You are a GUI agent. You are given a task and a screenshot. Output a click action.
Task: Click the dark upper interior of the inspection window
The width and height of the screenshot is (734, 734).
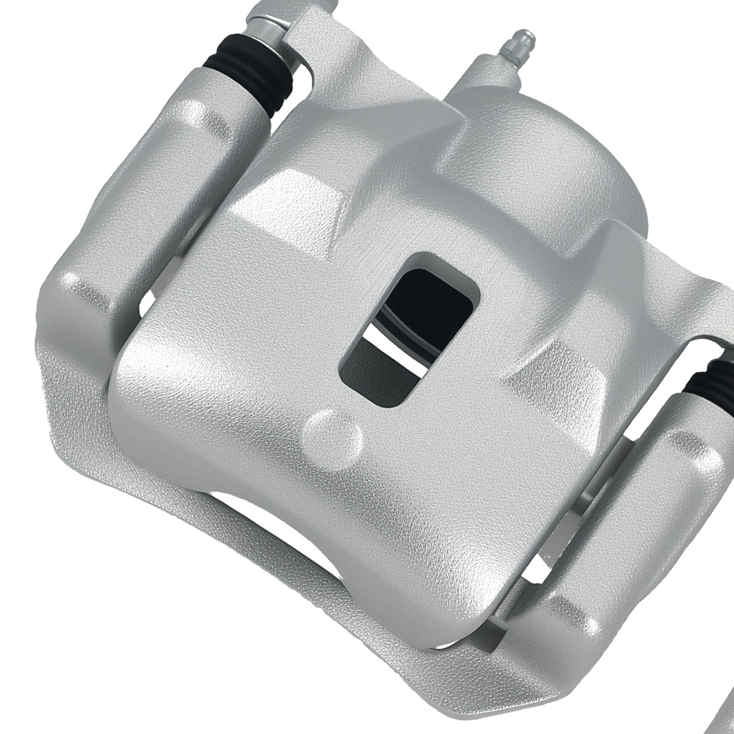[433, 301]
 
